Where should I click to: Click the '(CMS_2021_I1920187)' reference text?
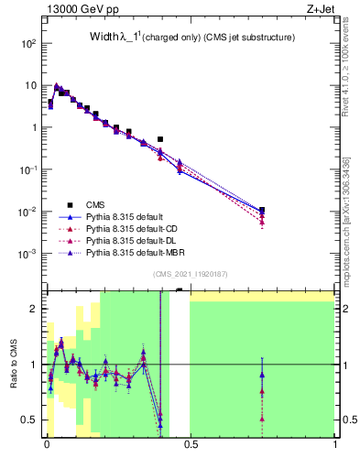pyautogui.click(x=190, y=273)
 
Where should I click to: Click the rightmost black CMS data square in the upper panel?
pyautogui.click(x=262, y=210)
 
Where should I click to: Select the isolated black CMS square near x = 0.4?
pyautogui.click(x=160, y=139)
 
